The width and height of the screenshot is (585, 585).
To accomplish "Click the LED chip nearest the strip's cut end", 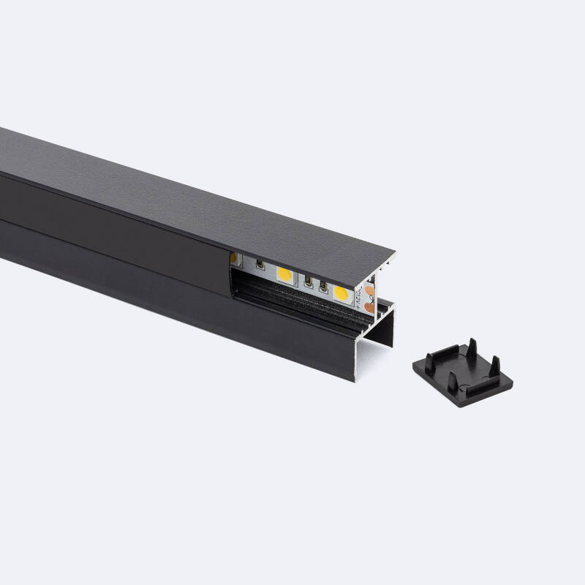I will point(341,292).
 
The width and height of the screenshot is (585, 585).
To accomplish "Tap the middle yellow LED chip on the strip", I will point(284,274).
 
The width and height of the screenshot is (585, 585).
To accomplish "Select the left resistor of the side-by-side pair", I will point(309,283).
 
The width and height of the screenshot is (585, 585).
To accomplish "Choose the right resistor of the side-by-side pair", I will point(322,287).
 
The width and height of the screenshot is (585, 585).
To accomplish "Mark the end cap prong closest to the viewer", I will point(452,382).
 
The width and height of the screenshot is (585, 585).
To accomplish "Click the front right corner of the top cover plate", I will point(394,254).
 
